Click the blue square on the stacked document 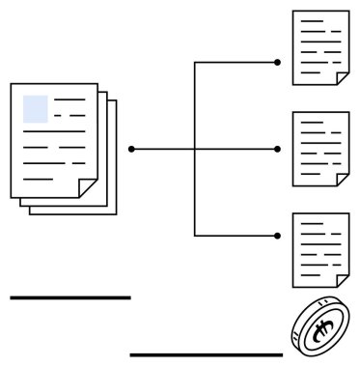pyautogui.click(x=36, y=108)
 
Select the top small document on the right pyautogui.click(x=320, y=47)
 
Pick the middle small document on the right pyautogui.click(x=320, y=148)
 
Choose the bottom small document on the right pyautogui.click(x=320, y=249)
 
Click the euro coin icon pyautogui.click(x=318, y=328)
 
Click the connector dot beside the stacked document pyautogui.click(x=131, y=149)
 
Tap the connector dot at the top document pyautogui.click(x=278, y=62)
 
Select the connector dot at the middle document pyautogui.click(x=278, y=149)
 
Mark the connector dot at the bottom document pyautogui.click(x=278, y=236)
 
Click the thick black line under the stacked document pyautogui.click(x=69, y=297)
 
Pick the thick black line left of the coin pyautogui.click(x=206, y=354)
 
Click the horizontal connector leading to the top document pyautogui.click(x=236, y=62)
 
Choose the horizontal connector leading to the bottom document pyautogui.click(x=236, y=236)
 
